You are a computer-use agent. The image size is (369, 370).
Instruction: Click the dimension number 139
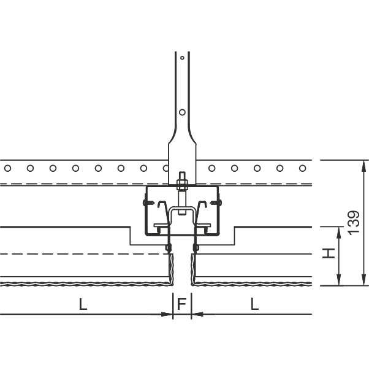(354, 223)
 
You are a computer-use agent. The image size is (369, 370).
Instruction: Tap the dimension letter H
(329, 253)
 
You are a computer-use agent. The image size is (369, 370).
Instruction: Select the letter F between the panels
(182, 304)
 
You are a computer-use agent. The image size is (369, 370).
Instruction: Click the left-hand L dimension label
(83, 304)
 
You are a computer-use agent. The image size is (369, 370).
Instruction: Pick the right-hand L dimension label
(254, 304)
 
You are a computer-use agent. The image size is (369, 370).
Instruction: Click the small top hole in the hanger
(182, 58)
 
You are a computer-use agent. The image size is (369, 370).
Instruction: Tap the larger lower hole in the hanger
(182, 112)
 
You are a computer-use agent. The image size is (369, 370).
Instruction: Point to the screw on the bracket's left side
(148, 202)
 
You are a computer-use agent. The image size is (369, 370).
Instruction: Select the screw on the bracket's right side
(216, 202)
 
